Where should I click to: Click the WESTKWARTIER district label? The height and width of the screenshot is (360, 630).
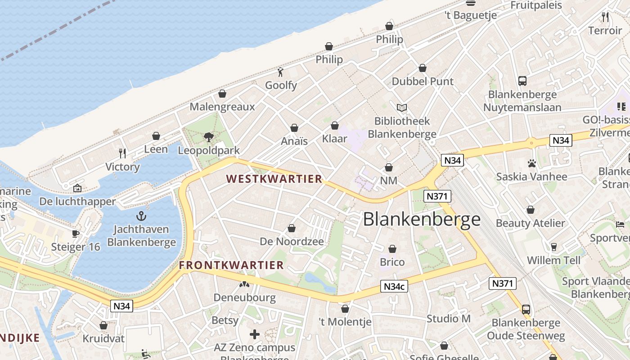click(x=274, y=179)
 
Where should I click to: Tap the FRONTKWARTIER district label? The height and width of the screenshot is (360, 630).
click(x=231, y=265)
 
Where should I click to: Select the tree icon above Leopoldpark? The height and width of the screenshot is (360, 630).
click(x=208, y=137)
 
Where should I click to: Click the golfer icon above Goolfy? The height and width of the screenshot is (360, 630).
click(x=281, y=72)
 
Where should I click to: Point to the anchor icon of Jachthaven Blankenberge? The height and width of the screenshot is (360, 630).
click(x=141, y=216)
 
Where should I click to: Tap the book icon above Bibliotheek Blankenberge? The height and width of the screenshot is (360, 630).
click(x=402, y=108)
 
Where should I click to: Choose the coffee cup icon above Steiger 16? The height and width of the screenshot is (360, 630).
click(x=75, y=234)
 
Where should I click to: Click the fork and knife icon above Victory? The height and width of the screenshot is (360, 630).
click(x=122, y=153)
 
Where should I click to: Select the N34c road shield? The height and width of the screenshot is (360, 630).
click(x=394, y=286)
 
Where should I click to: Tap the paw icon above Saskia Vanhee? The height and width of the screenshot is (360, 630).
click(x=531, y=163)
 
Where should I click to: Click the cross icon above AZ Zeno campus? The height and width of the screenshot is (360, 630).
click(x=255, y=334)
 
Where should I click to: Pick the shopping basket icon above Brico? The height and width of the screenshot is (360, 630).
click(x=392, y=249)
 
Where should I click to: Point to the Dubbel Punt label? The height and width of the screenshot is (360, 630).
click(x=423, y=81)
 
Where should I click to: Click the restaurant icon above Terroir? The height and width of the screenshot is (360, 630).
click(x=605, y=17)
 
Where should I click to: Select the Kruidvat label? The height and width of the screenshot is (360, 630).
click(x=103, y=338)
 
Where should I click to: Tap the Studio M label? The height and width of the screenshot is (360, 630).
click(x=448, y=319)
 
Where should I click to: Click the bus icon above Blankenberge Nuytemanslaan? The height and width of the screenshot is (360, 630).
click(x=522, y=81)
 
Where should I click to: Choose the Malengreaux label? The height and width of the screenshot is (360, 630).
click(x=222, y=107)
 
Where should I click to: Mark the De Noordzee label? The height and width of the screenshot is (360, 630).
click(x=292, y=242)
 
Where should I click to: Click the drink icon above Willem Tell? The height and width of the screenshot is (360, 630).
click(x=553, y=247)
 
